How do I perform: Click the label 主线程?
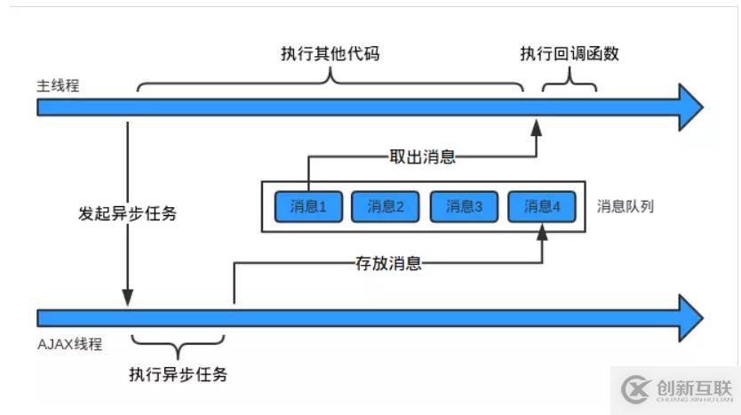point(58,86)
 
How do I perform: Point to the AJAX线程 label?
point(70,344)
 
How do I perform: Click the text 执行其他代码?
point(331,53)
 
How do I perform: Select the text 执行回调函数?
point(570,53)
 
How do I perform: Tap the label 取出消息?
point(422,156)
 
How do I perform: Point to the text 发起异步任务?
point(127,214)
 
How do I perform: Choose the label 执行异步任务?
point(178,374)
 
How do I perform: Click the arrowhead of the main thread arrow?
point(689,108)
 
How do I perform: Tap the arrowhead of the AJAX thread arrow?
point(689,317)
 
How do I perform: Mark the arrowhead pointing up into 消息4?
point(541,232)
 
